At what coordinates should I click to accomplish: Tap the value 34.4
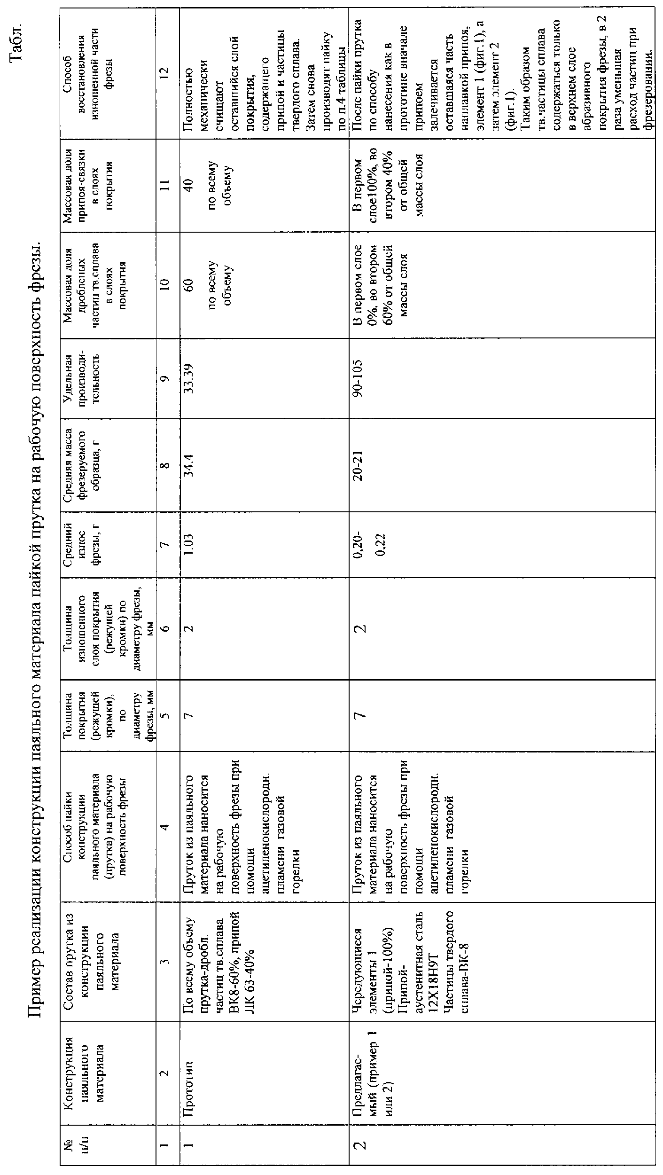click(x=189, y=465)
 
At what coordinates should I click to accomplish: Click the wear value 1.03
click(x=189, y=546)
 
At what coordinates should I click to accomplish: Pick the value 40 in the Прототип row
click(x=189, y=185)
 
